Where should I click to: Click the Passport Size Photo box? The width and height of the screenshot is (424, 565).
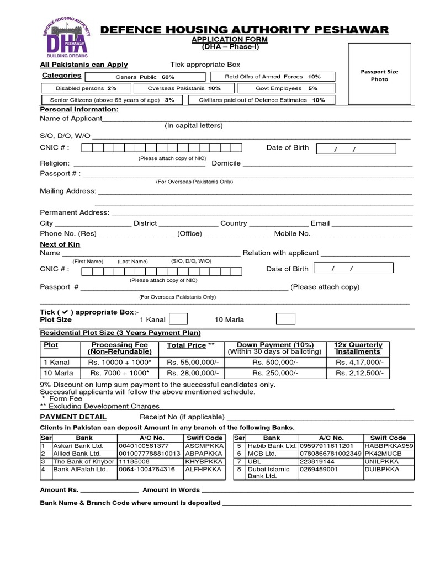pos(379,74)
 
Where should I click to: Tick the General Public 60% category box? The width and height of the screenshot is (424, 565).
pos(144,77)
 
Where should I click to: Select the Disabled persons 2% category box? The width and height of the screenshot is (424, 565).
pos(86,88)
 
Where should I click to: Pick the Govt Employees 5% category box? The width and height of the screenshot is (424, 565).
pos(286,88)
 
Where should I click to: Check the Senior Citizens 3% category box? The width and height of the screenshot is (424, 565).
pos(112,100)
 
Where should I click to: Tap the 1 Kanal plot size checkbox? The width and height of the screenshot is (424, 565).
pos(178,319)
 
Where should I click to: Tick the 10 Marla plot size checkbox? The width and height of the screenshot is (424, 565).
pos(285,319)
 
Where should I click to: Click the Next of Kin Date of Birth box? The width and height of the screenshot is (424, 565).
pos(353,268)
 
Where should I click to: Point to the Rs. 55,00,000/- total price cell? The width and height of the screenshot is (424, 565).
pos(193,362)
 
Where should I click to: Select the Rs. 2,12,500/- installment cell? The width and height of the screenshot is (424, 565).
pos(359,373)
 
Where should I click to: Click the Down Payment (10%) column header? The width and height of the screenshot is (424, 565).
pos(275,348)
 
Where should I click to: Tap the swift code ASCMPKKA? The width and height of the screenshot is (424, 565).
pos(203,446)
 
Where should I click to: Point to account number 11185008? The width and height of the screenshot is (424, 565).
pos(134,461)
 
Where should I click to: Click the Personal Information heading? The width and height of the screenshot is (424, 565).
pos(79,109)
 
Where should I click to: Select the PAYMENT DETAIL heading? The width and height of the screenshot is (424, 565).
pos(73,417)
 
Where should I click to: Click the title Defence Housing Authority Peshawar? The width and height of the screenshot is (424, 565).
pos(245,30)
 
